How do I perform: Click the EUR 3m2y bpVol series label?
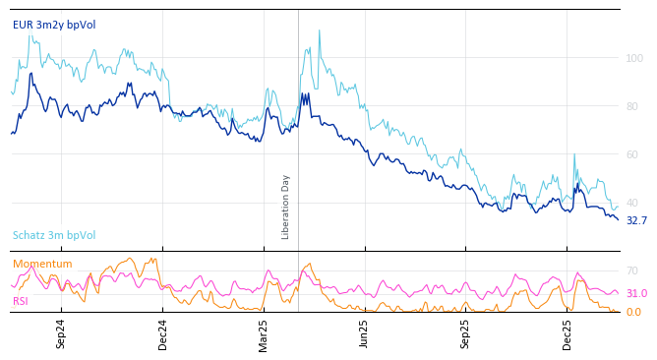pyautogui.click(x=54, y=25)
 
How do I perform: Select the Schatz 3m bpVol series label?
pyautogui.click(x=54, y=235)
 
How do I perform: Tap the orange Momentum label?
pyautogui.click(x=42, y=264)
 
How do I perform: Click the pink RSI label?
pyautogui.click(x=22, y=301)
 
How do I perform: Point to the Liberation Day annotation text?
pyautogui.click(x=286, y=207)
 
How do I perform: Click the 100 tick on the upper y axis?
pyautogui.click(x=634, y=58)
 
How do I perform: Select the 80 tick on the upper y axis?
pyautogui.click(x=634, y=106)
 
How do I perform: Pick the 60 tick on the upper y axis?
pyautogui.click(x=634, y=154)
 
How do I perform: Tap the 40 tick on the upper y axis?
pyautogui.click(x=634, y=203)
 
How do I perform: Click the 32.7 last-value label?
pyautogui.click(x=636, y=221)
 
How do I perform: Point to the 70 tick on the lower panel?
pyautogui.click(x=632, y=270)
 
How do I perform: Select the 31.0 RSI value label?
pyautogui.click(x=636, y=293)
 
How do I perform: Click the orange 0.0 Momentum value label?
pyautogui.click(x=633, y=312)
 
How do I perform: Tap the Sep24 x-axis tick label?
pyautogui.click(x=61, y=333)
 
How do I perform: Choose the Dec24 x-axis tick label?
pyautogui.click(x=163, y=333)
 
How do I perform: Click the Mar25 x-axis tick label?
pyautogui.click(x=264, y=333)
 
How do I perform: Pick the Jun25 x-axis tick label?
pyautogui.click(x=364, y=333)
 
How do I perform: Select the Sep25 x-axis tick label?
pyautogui.click(x=465, y=333)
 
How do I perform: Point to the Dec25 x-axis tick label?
pyautogui.click(x=567, y=333)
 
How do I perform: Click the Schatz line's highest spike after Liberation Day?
pyautogui.click(x=319, y=30)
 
